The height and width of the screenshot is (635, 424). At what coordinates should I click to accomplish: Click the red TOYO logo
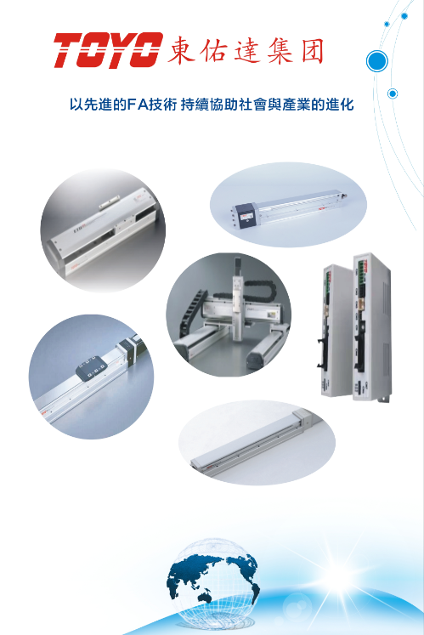tap(108, 50)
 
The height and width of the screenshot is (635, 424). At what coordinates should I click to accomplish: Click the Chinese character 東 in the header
tap(182, 51)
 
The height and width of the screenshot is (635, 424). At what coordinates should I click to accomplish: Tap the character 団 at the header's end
tap(312, 51)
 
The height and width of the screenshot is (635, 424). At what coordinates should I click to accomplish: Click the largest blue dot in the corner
tap(376, 61)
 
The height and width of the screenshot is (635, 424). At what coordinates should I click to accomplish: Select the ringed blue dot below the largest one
tap(392, 94)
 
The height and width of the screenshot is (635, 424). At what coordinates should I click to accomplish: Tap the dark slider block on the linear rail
tap(92, 368)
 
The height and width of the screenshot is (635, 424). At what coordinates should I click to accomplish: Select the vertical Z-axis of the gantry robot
tap(237, 296)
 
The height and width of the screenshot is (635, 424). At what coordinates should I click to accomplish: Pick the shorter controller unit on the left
tap(336, 330)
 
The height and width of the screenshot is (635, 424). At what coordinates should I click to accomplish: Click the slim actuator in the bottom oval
tap(256, 441)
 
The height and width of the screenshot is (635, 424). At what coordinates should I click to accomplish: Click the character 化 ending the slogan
tap(347, 105)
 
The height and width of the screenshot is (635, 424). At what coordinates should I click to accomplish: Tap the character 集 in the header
tap(280, 52)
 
